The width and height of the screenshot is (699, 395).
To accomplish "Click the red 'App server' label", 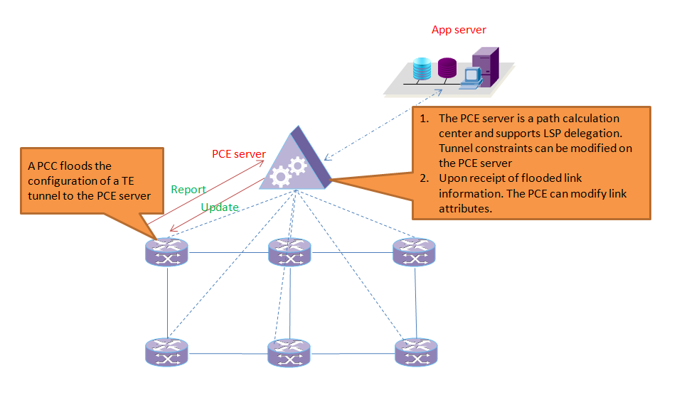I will (459, 30).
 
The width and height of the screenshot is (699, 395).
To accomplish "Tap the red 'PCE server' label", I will (239, 154).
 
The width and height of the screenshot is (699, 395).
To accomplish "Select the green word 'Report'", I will (188, 190).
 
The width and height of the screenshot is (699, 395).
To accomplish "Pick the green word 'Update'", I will (219, 207).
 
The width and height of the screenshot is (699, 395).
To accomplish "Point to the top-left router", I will (167, 252).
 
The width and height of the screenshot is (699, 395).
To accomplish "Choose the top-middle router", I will (289, 252).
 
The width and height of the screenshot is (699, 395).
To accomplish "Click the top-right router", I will (414, 252).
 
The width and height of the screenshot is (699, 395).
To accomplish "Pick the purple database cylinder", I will (447, 68).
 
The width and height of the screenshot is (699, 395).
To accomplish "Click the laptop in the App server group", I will (470, 79).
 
